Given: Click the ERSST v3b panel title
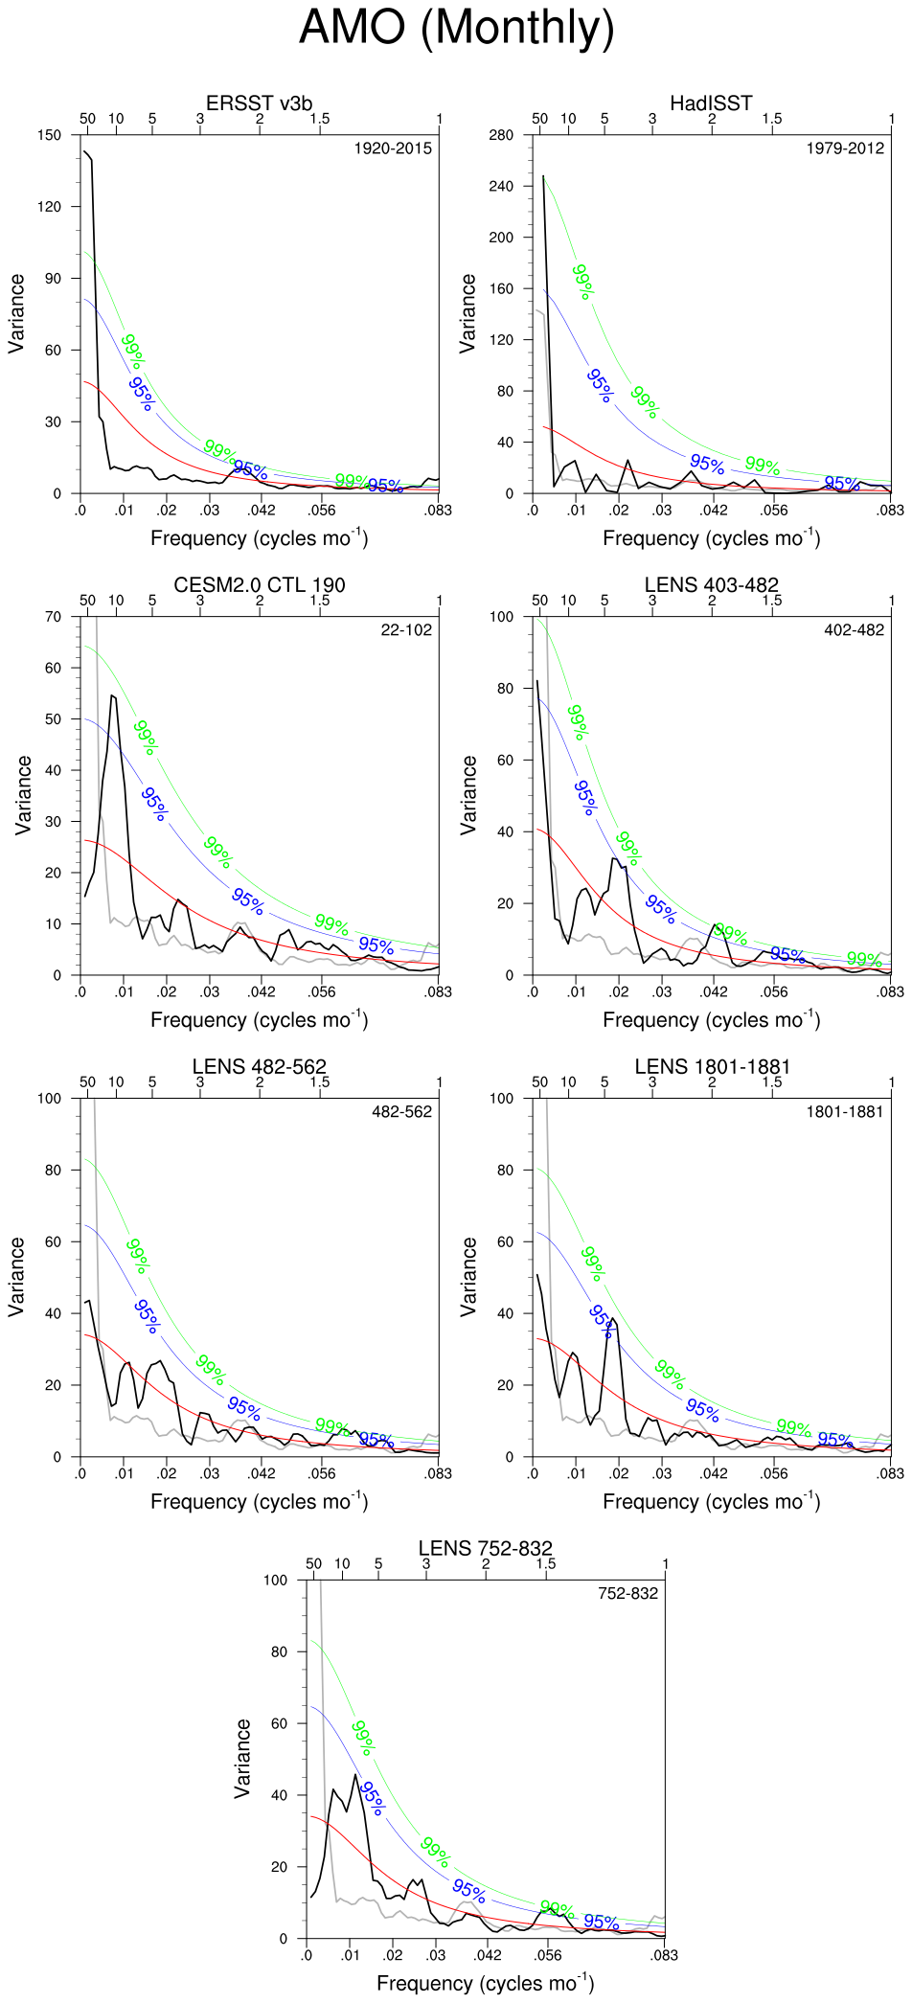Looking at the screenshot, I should (259, 103).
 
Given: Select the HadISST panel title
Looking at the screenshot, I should (711, 103).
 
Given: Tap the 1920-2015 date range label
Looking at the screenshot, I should (393, 148).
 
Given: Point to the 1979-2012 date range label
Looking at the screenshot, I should (845, 148).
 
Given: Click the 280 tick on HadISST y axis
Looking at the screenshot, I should (501, 135).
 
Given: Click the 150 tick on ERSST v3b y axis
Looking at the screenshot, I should (50, 135).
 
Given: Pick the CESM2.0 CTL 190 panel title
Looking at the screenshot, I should (259, 585).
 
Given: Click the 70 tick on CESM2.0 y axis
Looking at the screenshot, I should (53, 617).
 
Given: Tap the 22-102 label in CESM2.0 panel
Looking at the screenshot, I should (406, 630).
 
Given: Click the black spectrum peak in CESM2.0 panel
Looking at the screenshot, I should (113, 696).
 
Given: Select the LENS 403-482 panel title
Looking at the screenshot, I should (711, 585).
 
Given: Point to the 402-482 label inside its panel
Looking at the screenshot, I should (854, 630).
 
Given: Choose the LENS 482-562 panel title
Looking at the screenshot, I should (259, 1067).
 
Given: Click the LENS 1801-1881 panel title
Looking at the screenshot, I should (711, 1067).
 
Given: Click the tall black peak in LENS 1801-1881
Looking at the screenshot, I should (611, 1320).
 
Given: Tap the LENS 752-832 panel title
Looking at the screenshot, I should (485, 1549).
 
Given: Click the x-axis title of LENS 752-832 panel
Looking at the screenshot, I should (485, 1983).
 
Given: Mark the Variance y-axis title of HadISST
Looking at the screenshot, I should (467, 314).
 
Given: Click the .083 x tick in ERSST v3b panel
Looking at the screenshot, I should (438, 510).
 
